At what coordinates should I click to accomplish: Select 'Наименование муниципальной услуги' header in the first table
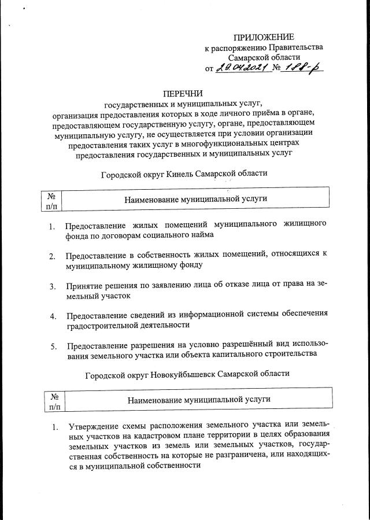coord(195,198)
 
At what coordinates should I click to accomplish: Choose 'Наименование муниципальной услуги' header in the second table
coord(199,400)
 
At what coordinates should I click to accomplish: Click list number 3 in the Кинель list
coord(53,286)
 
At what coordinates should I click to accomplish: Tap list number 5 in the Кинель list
coord(53,346)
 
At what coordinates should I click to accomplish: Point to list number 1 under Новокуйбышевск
coord(55,428)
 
